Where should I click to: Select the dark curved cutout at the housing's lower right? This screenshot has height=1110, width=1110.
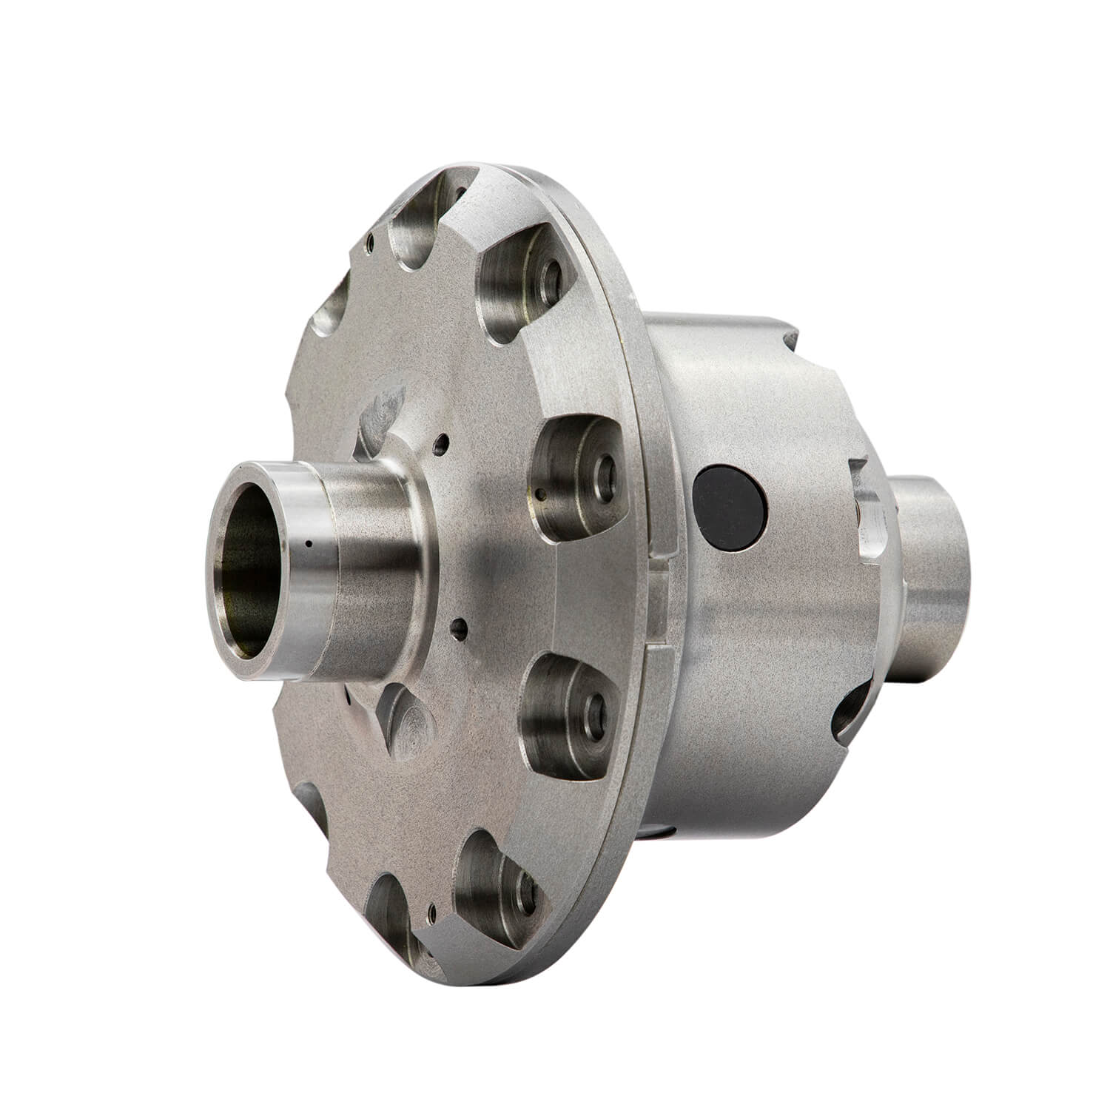(x=851, y=710)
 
